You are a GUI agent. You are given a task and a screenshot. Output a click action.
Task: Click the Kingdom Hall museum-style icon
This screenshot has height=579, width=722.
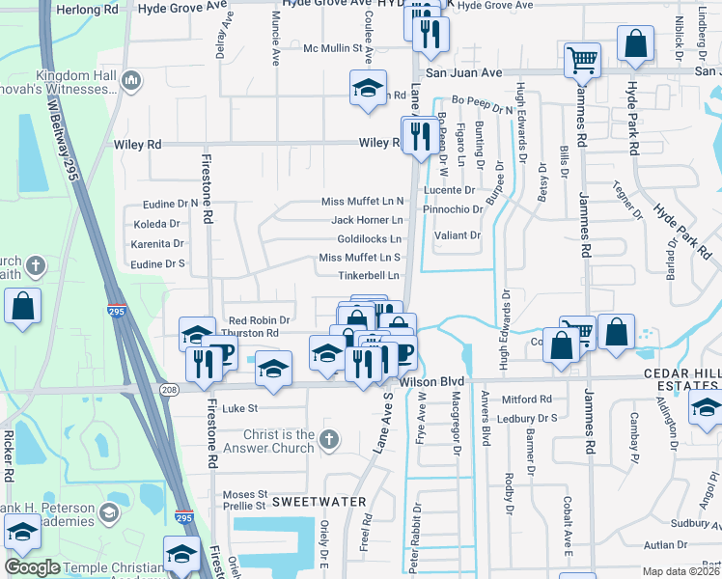(x=131, y=79)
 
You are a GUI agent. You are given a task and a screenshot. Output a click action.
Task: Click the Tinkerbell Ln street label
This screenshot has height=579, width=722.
(x=369, y=276)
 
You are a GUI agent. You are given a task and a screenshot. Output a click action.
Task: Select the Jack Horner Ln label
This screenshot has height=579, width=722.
(x=366, y=220)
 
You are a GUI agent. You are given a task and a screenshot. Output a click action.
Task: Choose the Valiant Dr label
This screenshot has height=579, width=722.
(x=458, y=235)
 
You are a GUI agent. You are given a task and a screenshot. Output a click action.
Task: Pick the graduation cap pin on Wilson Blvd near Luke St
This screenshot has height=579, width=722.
(x=273, y=369)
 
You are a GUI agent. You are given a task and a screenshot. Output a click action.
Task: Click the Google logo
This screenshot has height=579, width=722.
(x=33, y=568)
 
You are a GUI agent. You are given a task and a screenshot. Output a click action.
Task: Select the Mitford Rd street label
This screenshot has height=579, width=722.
(x=526, y=399)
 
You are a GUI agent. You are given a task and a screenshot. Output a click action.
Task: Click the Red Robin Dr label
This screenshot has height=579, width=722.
(x=259, y=320)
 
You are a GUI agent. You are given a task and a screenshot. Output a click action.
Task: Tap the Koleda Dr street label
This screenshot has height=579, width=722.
(x=156, y=224)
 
